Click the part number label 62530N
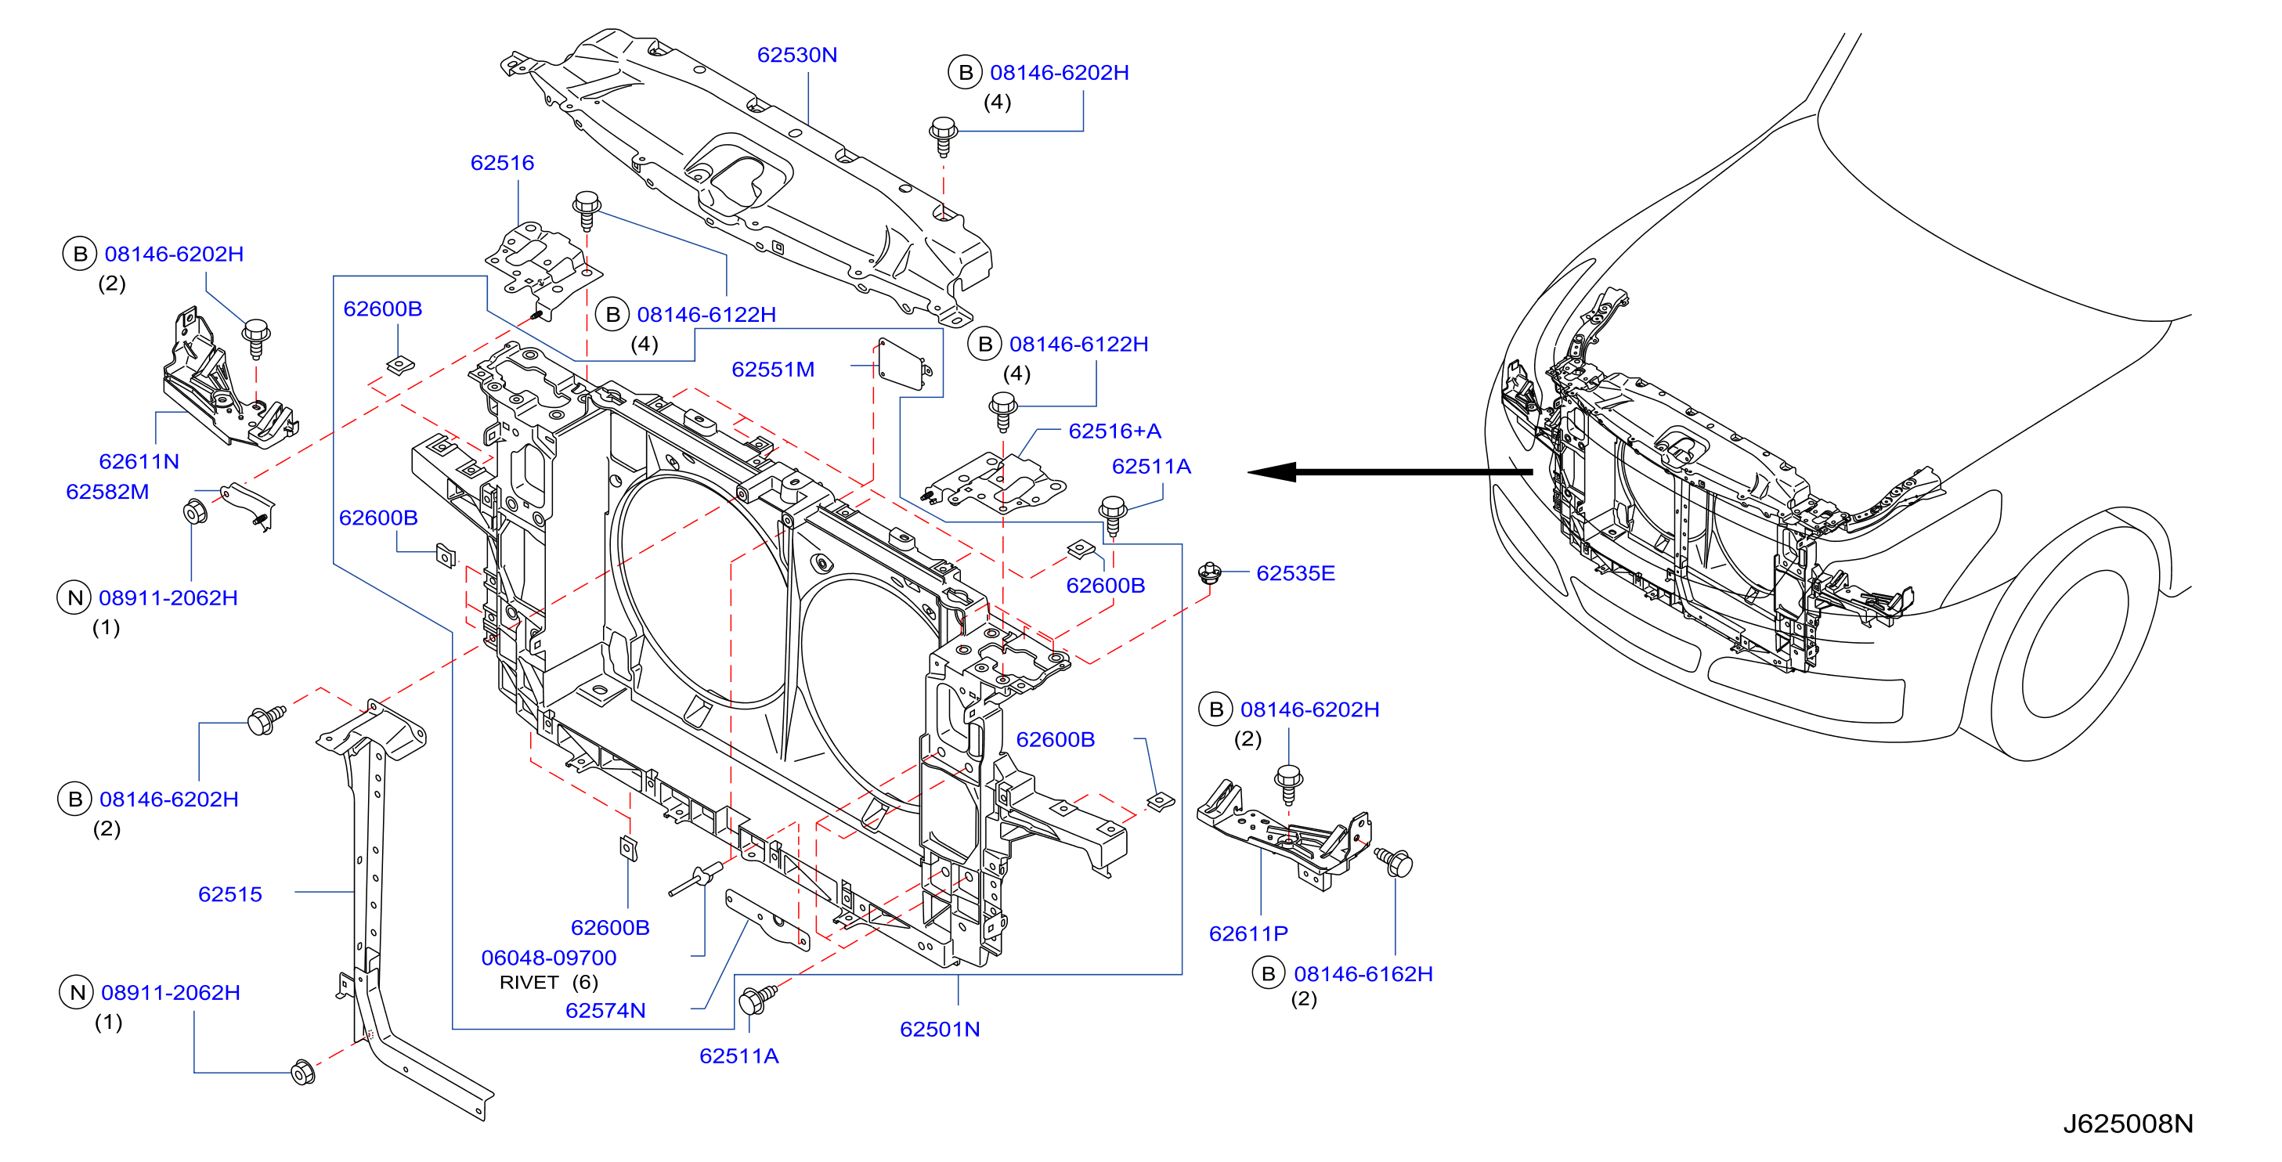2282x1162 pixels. [x=796, y=55]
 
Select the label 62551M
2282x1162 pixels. [x=772, y=370]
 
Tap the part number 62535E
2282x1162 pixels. [x=1295, y=573]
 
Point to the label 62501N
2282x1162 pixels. [x=939, y=1029]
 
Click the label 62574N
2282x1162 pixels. [x=605, y=1011]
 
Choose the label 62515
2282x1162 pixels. [x=230, y=894]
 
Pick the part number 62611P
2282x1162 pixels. [x=1248, y=933]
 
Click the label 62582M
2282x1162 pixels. [x=107, y=492]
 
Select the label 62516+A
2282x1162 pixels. [x=1114, y=431]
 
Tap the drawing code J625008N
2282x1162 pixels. [x=2128, y=1124]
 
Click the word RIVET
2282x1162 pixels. [x=529, y=982]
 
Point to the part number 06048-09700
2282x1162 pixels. [x=548, y=958]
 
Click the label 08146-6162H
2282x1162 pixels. [x=1363, y=974]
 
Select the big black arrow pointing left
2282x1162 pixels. [x=1390, y=472]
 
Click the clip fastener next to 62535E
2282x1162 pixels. [x=1210, y=573]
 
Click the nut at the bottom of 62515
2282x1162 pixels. [x=303, y=1073]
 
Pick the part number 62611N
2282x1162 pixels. [x=139, y=461]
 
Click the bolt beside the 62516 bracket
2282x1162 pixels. [x=587, y=210]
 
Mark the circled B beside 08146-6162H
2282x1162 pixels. [x=1269, y=973]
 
